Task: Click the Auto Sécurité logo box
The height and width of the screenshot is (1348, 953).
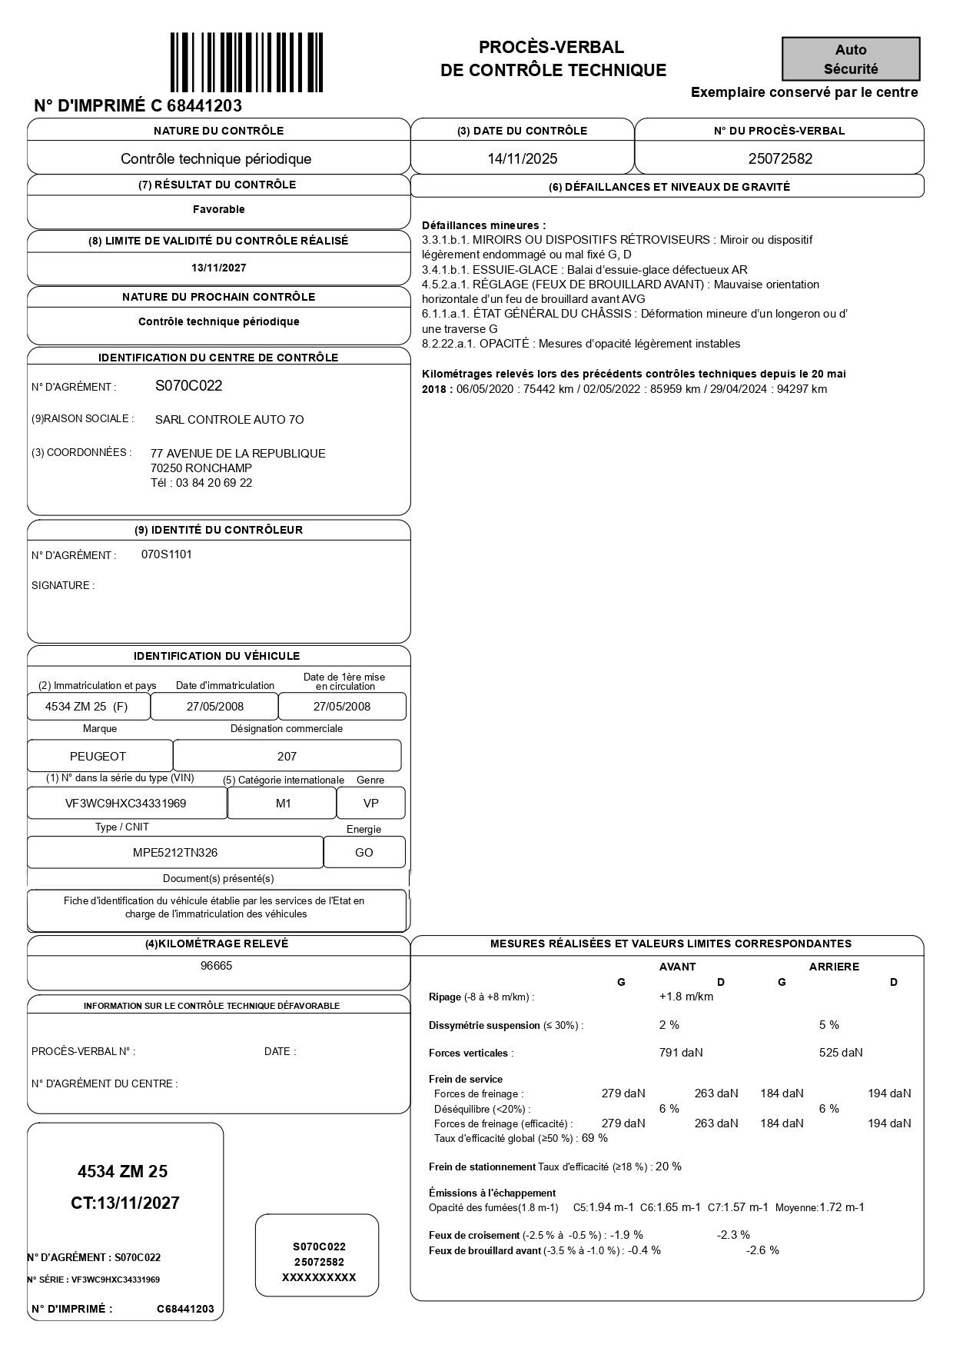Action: (851, 59)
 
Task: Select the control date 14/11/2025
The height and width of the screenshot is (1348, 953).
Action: (523, 159)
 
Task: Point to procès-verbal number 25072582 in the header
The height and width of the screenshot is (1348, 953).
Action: (780, 159)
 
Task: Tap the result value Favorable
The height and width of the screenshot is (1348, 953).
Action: (219, 209)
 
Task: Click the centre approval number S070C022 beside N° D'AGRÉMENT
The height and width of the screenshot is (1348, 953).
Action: (188, 386)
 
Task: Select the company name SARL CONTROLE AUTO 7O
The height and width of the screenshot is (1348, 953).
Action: (229, 420)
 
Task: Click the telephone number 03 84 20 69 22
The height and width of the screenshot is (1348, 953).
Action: (214, 483)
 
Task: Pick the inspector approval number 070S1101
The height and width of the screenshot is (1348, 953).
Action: (167, 554)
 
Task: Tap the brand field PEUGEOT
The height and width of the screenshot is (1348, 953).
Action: (98, 757)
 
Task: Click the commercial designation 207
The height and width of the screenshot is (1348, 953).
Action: (287, 757)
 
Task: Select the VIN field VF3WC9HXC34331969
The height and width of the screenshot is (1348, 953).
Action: (126, 804)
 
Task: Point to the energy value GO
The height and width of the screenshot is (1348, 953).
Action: (364, 853)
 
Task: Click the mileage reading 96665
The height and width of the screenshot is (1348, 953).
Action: (217, 966)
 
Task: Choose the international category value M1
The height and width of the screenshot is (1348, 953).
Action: (284, 804)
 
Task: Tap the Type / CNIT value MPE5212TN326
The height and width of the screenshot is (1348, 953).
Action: (175, 853)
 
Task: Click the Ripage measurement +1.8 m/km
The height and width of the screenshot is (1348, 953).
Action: (686, 997)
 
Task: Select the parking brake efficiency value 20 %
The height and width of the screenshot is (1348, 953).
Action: (669, 1167)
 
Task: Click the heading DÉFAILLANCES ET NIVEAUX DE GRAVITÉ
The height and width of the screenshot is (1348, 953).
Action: (669, 187)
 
